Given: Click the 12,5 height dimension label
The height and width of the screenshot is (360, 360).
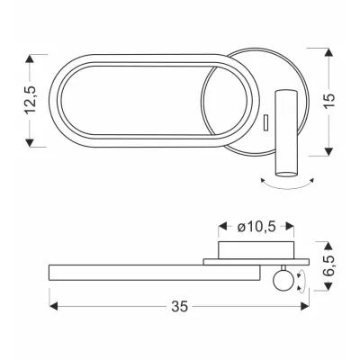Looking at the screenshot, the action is pyautogui.click(x=31, y=100).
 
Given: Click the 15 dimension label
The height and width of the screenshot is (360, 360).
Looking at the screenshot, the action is pyautogui.click(x=328, y=102).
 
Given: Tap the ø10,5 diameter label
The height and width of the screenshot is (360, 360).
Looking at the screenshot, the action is pyautogui.click(x=256, y=227).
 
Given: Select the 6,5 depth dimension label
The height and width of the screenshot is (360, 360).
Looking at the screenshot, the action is pyautogui.click(x=329, y=265).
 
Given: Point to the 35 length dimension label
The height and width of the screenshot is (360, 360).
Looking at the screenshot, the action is pyautogui.click(x=180, y=306).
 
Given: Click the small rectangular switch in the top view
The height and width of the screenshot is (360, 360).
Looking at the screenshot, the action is pyautogui.click(x=265, y=122).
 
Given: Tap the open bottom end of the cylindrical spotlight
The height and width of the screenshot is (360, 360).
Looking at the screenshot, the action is pyautogui.click(x=286, y=174).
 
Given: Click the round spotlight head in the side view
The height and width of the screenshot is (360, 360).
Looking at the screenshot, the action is pyautogui.click(x=283, y=281).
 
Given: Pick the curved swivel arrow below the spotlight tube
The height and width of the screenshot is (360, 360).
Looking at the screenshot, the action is pyautogui.click(x=287, y=186).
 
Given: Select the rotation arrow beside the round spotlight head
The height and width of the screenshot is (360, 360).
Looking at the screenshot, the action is pyautogui.click(x=301, y=281).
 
